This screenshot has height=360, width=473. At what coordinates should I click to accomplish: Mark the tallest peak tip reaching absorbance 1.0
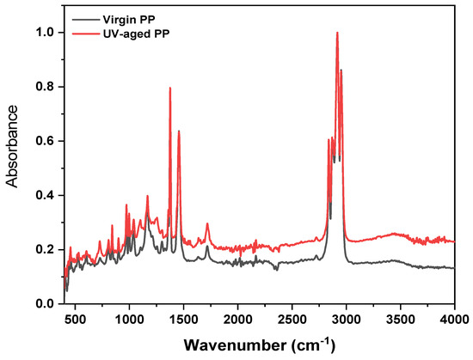point(337,33)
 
